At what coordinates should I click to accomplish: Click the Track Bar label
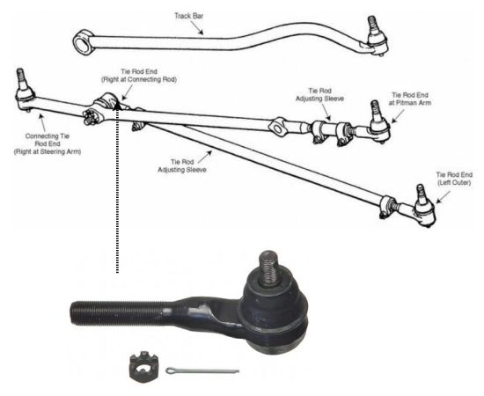(188, 16)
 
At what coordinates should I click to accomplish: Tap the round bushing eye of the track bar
(83, 42)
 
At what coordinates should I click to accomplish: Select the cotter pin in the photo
(202, 370)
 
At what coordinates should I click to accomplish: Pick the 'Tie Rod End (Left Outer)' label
(454, 179)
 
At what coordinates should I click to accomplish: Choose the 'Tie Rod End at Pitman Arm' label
(409, 99)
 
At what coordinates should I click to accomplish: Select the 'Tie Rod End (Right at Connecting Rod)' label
(139, 76)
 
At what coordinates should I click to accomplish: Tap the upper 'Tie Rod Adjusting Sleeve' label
(319, 95)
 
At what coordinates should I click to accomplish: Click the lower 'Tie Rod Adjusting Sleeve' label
(182, 165)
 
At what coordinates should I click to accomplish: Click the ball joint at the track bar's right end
(376, 36)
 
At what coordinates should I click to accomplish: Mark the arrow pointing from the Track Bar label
(196, 28)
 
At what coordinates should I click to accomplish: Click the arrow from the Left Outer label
(443, 197)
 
